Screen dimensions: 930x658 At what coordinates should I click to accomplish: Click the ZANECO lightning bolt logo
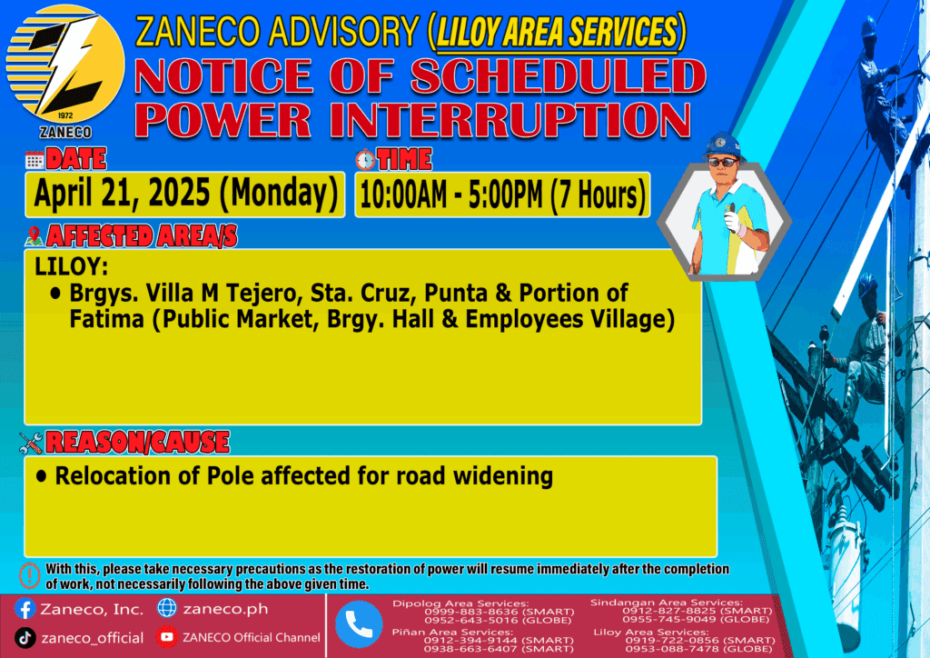[x=65, y=65]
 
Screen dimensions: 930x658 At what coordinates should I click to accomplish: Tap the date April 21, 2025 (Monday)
[x=185, y=194]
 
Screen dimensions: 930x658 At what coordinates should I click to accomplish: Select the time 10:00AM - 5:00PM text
[x=450, y=195]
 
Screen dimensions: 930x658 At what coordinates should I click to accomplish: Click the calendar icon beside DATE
[x=35, y=160]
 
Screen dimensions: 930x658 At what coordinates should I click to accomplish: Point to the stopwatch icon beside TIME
[x=365, y=160]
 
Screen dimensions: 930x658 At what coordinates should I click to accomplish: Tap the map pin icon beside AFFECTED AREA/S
[x=35, y=236]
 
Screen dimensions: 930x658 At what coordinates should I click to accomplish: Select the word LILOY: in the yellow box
[x=72, y=266]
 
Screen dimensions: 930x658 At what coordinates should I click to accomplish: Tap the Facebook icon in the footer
[x=25, y=609]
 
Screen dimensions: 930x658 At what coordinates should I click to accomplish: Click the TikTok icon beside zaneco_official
[x=25, y=638]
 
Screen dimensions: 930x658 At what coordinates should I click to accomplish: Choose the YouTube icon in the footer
[x=167, y=637]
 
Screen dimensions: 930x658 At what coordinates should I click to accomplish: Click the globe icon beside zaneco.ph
[x=167, y=608]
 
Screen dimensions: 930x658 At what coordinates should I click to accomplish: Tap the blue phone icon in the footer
[x=359, y=624]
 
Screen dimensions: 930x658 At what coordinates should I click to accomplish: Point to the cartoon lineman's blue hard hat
[x=722, y=146]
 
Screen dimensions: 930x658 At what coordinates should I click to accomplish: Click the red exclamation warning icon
[x=30, y=575]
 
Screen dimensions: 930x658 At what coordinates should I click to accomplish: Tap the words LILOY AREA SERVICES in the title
[x=557, y=32]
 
